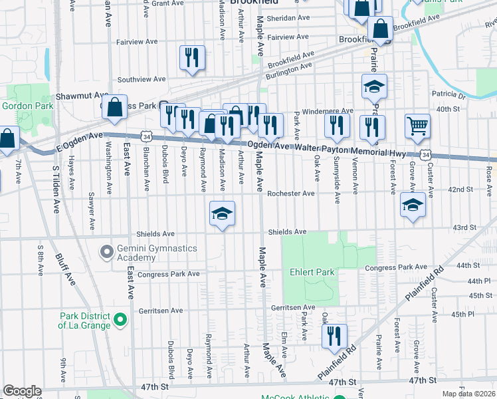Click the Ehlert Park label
tap(312, 272)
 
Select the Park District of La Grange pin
tap(120, 321)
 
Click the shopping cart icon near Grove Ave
tap(417, 126)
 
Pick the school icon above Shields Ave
tap(223, 213)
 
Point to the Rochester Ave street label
tap(291, 194)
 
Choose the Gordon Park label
tap(22, 106)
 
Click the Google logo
tap(22, 391)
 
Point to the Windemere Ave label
tap(328, 111)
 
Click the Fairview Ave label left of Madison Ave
tap(137, 41)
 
